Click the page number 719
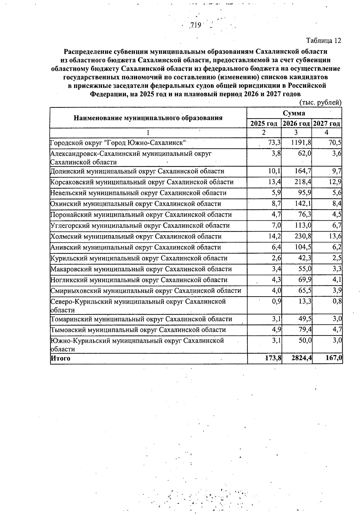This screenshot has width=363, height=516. pyautogui.click(x=196, y=25)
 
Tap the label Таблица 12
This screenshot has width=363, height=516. pyautogui.click(x=324, y=41)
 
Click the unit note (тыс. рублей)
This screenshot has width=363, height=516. pyautogui.click(x=320, y=103)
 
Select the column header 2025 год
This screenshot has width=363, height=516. pyautogui.click(x=264, y=124)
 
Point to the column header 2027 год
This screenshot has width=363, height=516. pyautogui.click(x=327, y=124)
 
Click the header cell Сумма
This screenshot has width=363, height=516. pyautogui.click(x=294, y=113)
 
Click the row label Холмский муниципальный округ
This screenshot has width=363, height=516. pyautogui.click(x=136, y=236)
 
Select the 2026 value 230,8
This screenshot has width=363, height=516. pyautogui.click(x=303, y=236)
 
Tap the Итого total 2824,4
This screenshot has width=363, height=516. pyautogui.click(x=302, y=358)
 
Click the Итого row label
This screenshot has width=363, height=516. pyautogui.click(x=60, y=359)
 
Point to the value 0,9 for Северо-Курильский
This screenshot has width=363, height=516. pyautogui.click(x=276, y=302)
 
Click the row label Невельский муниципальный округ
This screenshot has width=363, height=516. pyautogui.click(x=138, y=193)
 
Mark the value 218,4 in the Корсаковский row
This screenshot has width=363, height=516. pyautogui.click(x=303, y=182)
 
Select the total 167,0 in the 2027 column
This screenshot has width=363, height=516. pyautogui.click(x=334, y=358)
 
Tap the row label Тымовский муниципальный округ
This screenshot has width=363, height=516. pyautogui.click(x=138, y=330)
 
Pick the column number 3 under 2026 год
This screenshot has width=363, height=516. pyautogui.click(x=296, y=132)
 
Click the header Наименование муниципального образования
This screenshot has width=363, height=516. pyautogui.click(x=148, y=118)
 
